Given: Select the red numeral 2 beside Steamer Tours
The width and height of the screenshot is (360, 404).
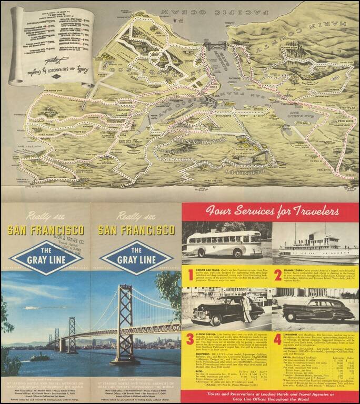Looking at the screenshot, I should [x=277, y=275].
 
